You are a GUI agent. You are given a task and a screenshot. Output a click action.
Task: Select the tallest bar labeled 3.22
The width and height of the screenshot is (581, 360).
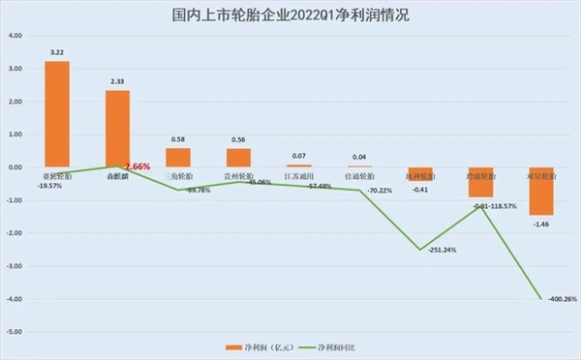tap(57, 114)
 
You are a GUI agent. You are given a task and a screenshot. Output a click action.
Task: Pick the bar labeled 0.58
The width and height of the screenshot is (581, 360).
tap(178, 158)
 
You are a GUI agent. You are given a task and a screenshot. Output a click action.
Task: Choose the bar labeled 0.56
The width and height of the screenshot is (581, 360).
tap(238, 158)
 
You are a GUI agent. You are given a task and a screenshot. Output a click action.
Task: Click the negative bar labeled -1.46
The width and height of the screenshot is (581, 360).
tap(540, 191)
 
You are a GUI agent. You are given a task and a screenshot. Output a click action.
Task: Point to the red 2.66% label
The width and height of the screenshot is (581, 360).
tap(138, 166)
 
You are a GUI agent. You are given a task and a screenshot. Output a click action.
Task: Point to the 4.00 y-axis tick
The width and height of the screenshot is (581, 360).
tap(15, 36)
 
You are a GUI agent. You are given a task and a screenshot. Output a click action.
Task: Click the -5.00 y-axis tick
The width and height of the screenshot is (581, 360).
tap(15, 332)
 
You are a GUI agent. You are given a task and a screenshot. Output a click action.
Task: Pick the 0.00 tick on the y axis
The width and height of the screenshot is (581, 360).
tap(15, 167)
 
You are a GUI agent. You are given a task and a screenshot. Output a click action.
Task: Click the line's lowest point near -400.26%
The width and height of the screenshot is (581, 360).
tap(540, 299)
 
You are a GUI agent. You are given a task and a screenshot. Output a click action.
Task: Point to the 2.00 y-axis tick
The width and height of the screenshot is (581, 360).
tap(15, 102)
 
